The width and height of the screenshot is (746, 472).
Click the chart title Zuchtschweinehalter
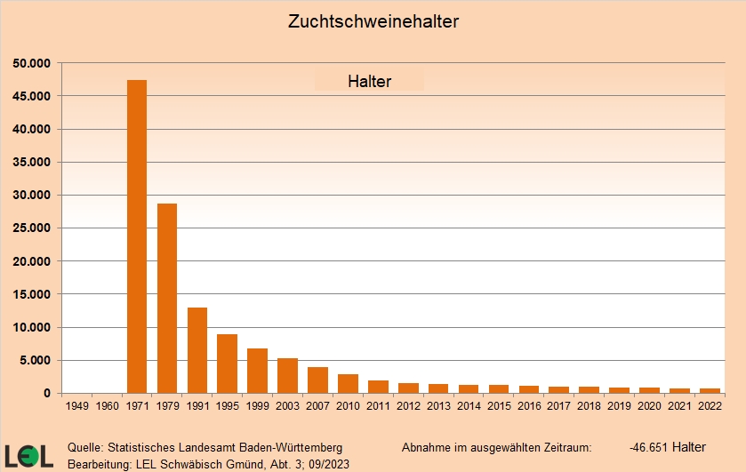coord(373,20)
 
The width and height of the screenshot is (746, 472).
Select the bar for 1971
coord(137,236)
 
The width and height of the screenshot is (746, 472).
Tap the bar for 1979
coord(167,298)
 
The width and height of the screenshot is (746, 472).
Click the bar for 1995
coord(227,364)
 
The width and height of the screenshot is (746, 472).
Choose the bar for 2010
coord(348,383)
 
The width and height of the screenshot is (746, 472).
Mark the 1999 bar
coord(257,371)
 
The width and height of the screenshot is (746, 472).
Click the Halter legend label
coord(369,82)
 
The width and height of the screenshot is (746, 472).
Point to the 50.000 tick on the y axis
coord(32,63)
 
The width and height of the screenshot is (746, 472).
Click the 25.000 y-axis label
coord(32,228)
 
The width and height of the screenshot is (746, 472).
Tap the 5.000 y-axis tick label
coord(36,361)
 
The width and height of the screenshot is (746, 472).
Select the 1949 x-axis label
coord(77,406)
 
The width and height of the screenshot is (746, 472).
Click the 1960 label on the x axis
coord(107,406)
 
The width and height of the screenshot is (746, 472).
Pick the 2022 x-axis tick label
coord(709,406)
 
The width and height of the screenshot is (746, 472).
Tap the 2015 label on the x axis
coord(498,406)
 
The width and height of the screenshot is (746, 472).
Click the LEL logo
coord(28,455)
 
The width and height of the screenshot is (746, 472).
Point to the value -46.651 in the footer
coord(649,447)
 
